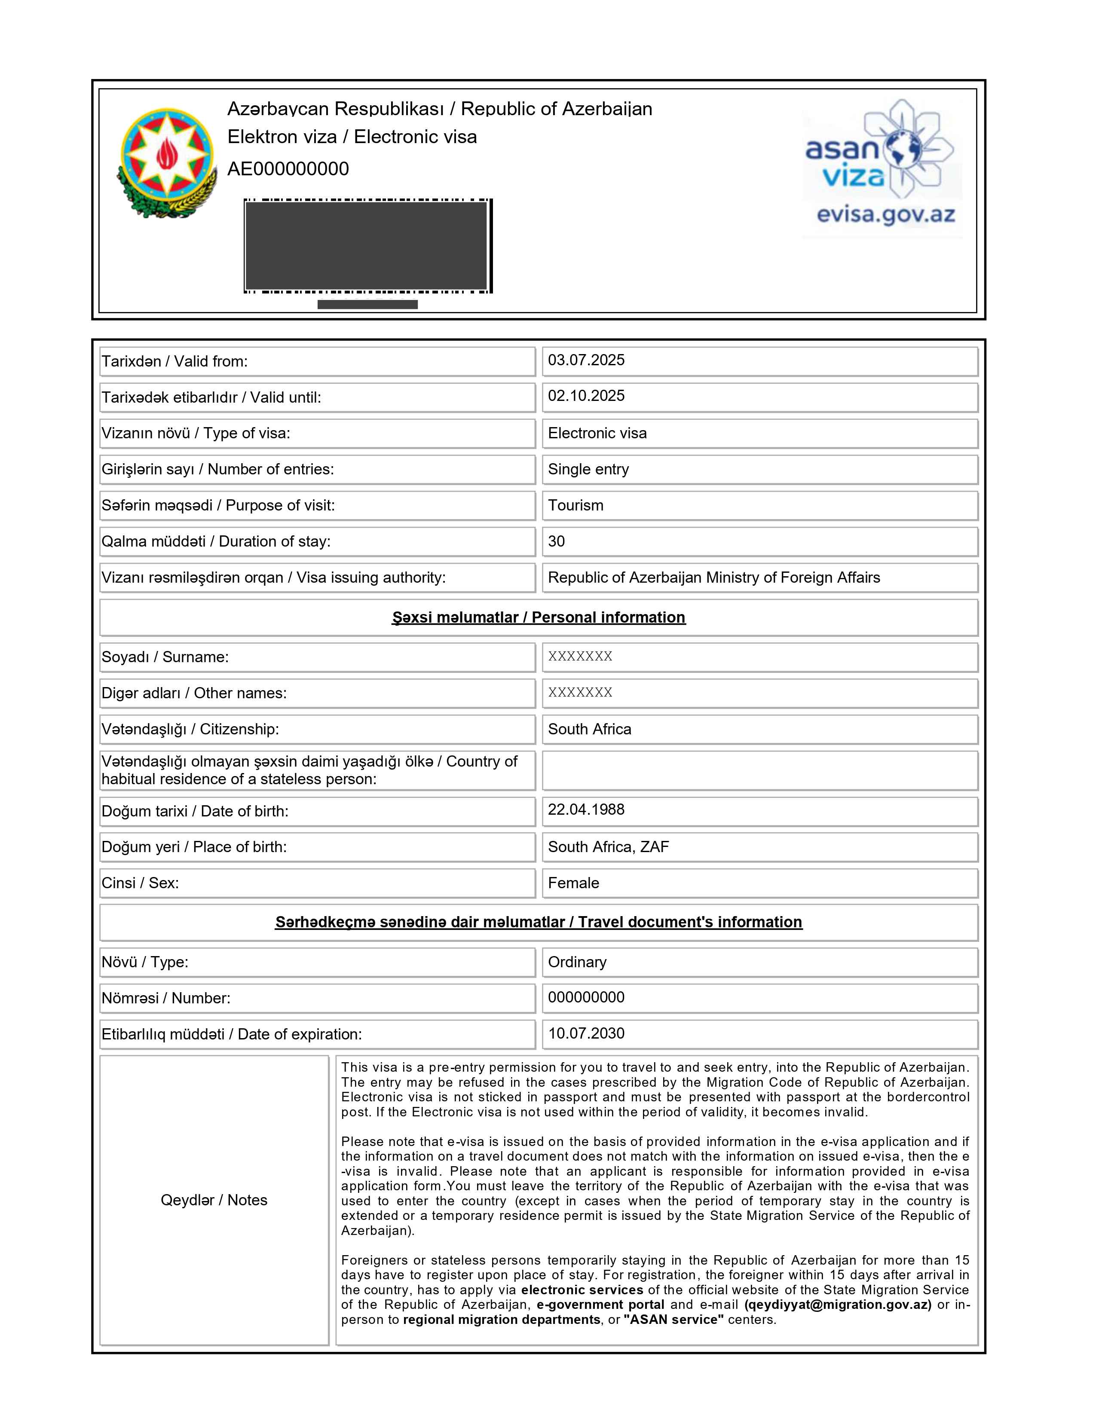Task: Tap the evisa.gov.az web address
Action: click(886, 214)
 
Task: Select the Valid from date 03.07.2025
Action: click(586, 361)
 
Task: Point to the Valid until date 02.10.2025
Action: click(586, 396)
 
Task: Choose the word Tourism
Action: click(575, 505)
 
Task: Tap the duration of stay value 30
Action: click(557, 541)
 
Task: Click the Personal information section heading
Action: click(538, 617)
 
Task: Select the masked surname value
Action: click(580, 657)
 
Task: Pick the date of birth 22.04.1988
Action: click(586, 810)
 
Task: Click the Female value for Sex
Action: click(573, 883)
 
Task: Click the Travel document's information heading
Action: click(538, 922)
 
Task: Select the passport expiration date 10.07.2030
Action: click(586, 1033)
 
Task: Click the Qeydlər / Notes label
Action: click(214, 1200)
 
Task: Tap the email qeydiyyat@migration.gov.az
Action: click(838, 1305)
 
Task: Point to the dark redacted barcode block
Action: click(366, 245)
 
